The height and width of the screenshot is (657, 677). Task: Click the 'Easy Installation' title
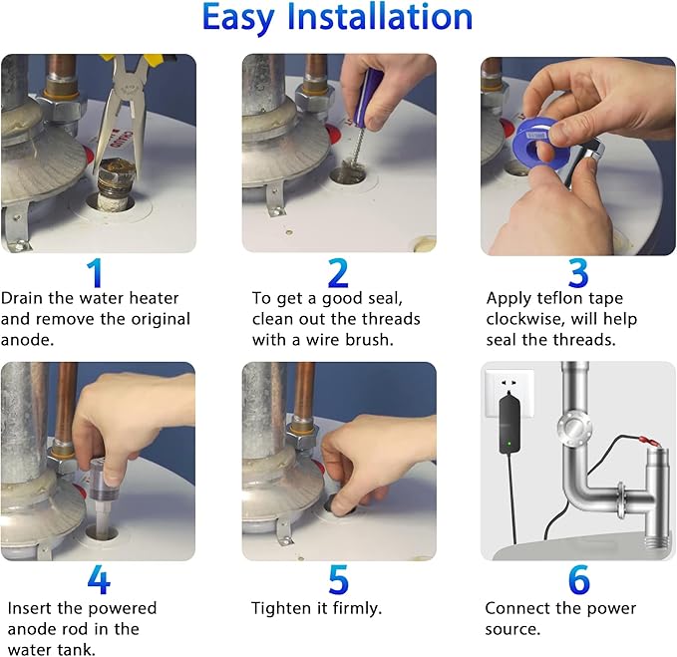click(x=337, y=18)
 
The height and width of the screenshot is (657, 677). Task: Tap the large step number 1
click(x=95, y=273)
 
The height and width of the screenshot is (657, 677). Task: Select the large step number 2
click(x=338, y=273)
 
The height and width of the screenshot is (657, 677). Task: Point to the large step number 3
click(x=578, y=273)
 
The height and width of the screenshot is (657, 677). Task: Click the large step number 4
click(x=99, y=579)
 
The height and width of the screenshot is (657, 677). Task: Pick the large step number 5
click(x=338, y=579)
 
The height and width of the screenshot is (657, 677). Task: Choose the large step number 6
click(x=578, y=579)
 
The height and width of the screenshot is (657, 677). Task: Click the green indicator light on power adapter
click(x=509, y=443)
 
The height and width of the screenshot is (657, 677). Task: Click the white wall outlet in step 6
click(x=509, y=393)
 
